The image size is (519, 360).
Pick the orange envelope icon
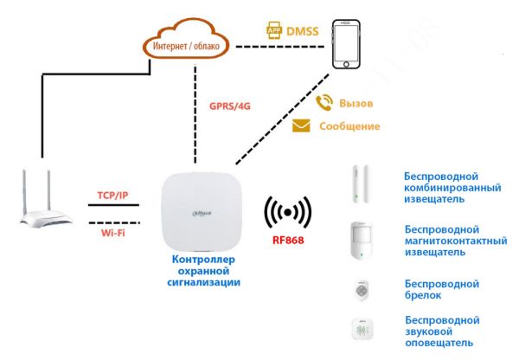301,126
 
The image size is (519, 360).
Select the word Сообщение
349,126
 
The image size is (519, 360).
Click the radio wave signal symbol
286,212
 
